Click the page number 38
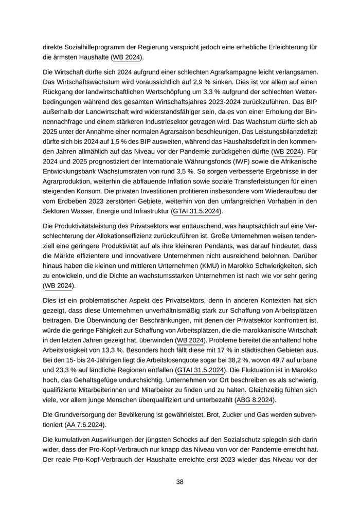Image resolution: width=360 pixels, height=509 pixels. click(180, 482)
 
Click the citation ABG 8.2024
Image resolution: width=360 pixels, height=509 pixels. click(255, 399)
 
